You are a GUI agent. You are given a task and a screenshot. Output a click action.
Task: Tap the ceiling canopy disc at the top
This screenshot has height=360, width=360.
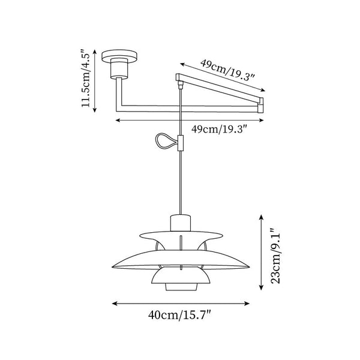coord(120,57)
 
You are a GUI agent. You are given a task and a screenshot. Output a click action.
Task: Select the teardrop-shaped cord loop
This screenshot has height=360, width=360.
coord(163,142)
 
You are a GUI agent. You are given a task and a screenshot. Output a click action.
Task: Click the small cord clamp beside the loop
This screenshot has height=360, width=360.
coord(181,143)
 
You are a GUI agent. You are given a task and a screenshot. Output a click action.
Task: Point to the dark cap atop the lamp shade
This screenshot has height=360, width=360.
coord(181,223)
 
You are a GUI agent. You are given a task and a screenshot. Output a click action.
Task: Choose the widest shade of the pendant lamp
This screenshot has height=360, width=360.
coord(181,263)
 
